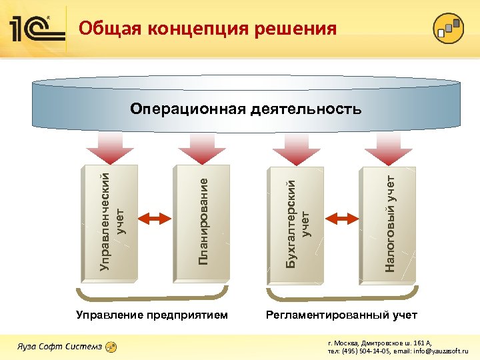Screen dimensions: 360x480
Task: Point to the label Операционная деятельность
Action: [x=246, y=108]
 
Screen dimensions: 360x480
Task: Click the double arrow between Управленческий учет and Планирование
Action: [x=157, y=217]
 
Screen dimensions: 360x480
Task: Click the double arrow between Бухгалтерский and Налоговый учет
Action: [x=343, y=217]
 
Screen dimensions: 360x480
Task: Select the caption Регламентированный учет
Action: [x=341, y=314]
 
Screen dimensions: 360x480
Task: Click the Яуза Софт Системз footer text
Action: [x=59, y=347]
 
